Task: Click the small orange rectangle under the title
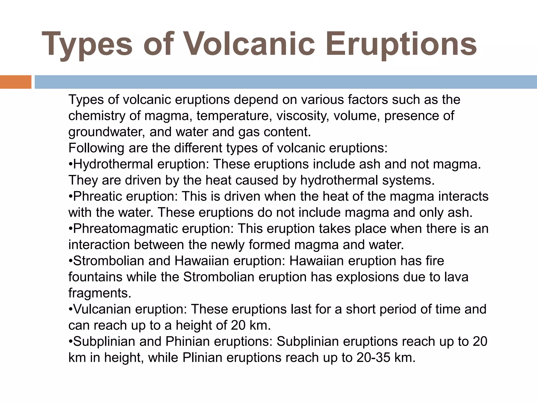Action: coord(15,82)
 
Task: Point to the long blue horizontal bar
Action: coord(286,82)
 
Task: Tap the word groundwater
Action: coord(106,132)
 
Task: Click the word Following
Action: coord(96,148)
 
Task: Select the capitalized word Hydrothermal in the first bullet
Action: coord(113,165)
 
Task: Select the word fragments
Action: coord(100,293)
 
